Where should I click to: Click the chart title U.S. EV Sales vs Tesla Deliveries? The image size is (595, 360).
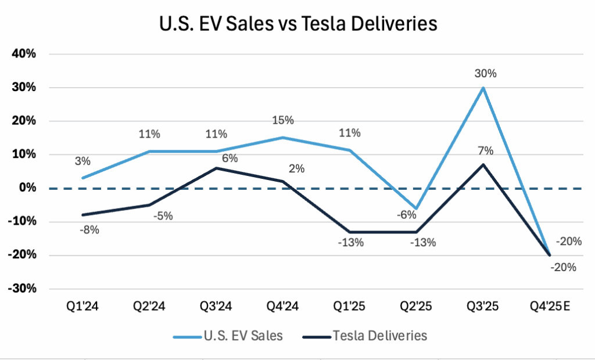click(297, 24)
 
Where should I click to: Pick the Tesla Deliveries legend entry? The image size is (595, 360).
click(366, 336)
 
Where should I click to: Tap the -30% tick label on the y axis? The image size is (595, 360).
click(23, 289)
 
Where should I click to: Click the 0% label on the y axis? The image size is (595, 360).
click(29, 188)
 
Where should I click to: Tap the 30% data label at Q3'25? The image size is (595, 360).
click(485, 74)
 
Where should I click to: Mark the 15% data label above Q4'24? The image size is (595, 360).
click(284, 120)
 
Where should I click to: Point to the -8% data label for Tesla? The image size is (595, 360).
click(88, 229)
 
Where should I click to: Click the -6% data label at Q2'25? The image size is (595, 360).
click(406, 215)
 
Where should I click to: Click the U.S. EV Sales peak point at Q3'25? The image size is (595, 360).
click(483, 88)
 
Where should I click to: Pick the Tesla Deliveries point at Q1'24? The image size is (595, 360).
click(84, 215)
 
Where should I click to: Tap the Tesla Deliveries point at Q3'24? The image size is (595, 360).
click(217, 168)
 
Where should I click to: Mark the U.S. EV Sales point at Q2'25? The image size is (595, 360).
click(417, 208)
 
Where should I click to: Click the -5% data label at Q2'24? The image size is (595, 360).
click(162, 216)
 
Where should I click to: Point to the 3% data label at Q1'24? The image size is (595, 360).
click(82, 161)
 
